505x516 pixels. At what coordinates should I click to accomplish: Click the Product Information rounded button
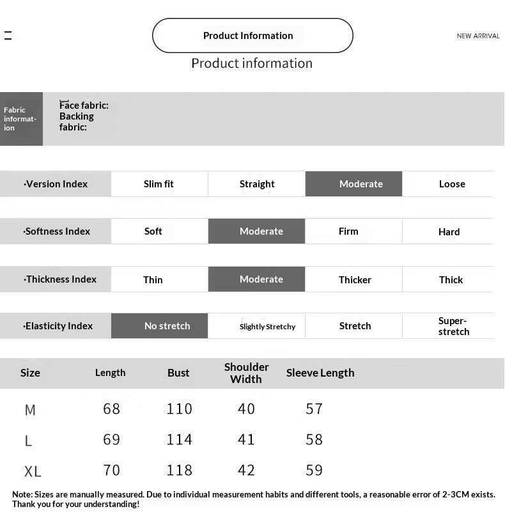click(252, 35)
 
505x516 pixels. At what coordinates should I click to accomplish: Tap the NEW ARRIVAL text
click(478, 36)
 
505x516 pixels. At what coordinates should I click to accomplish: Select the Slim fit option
click(159, 184)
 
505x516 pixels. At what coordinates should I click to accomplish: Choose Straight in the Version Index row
click(257, 184)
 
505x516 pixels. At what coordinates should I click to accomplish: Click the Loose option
click(452, 184)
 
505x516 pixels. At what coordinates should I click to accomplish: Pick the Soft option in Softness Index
click(153, 231)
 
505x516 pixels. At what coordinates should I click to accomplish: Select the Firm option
click(348, 231)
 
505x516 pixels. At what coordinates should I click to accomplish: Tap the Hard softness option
click(449, 231)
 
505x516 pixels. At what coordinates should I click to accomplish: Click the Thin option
click(153, 279)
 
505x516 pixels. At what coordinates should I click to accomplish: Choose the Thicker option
click(355, 279)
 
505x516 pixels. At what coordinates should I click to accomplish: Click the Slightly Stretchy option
click(267, 327)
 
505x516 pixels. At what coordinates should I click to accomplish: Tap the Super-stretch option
click(453, 326)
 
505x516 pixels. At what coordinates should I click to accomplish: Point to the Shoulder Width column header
click(246, 373)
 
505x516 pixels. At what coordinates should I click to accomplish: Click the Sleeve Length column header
click(320, 373)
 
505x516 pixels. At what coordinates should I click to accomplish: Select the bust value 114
click(179, 440)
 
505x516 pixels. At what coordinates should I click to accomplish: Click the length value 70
click(111, 471)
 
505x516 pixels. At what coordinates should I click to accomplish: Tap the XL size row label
click(33, 472)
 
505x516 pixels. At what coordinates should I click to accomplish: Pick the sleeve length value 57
click(314, 409)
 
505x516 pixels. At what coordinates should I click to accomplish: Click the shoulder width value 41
click(246, 440)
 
